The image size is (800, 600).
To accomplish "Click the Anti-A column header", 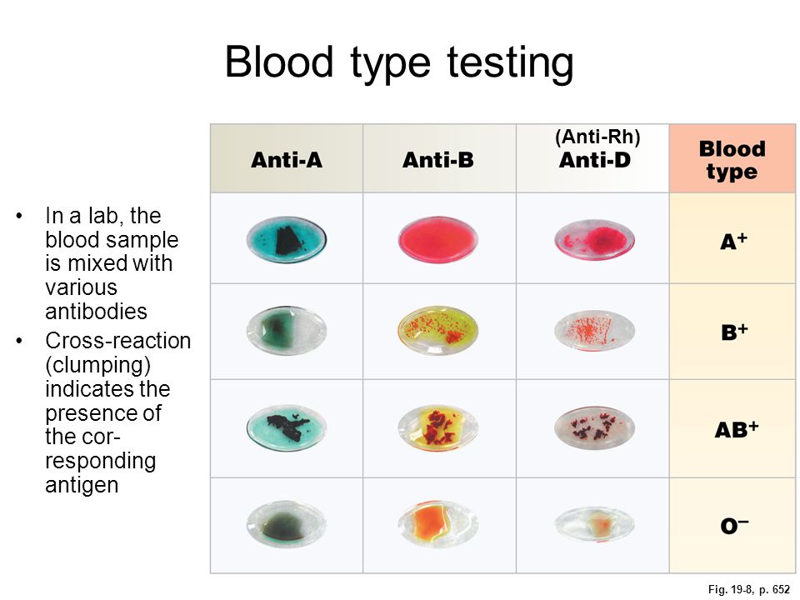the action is [286, 160].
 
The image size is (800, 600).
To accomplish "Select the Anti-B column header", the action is [437, 160].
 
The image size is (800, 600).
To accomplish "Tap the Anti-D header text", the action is [594, 160].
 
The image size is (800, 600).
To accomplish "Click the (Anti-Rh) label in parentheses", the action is [597, 137].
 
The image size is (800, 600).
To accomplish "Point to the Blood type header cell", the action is [732, 158].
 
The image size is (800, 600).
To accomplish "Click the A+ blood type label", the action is [733, 241].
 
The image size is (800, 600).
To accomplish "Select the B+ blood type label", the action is [734, 332].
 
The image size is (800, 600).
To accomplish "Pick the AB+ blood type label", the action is [736, 430].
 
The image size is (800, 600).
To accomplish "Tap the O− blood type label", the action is [734, 526].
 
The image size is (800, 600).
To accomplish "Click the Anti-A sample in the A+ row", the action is [286, 240].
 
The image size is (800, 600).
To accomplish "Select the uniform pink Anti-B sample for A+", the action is [437, 240].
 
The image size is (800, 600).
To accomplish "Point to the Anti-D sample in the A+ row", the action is [594, 240].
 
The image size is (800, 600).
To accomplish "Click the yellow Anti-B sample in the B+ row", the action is [437, 331].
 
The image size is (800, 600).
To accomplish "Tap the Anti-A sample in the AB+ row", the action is [286, 427].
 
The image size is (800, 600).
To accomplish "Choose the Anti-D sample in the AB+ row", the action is [594, 427].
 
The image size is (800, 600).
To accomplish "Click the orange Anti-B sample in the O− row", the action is [437, 524].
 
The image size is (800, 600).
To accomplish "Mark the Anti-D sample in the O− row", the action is [594, 524].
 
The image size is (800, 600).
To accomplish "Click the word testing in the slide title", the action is [510, 63].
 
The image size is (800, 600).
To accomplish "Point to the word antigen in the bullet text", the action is [82, 485].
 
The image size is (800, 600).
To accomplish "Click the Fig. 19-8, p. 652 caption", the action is [749, 589].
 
